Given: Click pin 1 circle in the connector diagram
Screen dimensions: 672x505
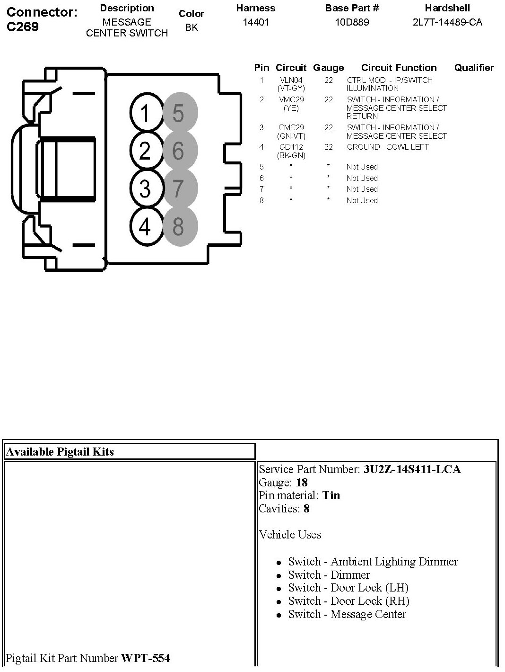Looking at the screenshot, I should [x=145, y=113].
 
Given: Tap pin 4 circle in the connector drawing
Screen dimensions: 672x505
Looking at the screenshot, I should [x=145, y=226].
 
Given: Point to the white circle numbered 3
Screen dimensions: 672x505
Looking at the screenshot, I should [x=145, y=188].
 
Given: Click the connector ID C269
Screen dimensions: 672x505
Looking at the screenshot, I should [x=23, y=27].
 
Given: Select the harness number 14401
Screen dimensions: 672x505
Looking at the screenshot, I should [x=256, y=22].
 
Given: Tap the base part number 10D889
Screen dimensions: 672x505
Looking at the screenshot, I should [x=352, y=22].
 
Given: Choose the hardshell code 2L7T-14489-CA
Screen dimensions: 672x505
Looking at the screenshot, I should [x=447, y=22].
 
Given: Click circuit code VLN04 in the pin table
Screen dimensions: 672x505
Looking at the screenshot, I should [x=291, y=81].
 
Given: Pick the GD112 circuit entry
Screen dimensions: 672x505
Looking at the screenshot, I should [x=291, y=147].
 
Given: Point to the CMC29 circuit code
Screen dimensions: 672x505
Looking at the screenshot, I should [x=291, y=128].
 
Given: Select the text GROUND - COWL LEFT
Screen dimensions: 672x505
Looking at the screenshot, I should [x=388, y=147].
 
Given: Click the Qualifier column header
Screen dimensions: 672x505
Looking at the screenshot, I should [x=474, y=68].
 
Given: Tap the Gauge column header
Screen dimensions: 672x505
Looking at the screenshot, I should [x=328, y=68].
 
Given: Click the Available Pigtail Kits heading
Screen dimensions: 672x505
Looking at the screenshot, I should [x=60, y=452].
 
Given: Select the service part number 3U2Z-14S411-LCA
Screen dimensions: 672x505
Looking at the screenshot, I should [x=412, y=469].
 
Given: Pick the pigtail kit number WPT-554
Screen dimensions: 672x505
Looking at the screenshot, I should [x=146, y=658].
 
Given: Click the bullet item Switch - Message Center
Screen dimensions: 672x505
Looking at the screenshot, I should [x=347, y=614].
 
